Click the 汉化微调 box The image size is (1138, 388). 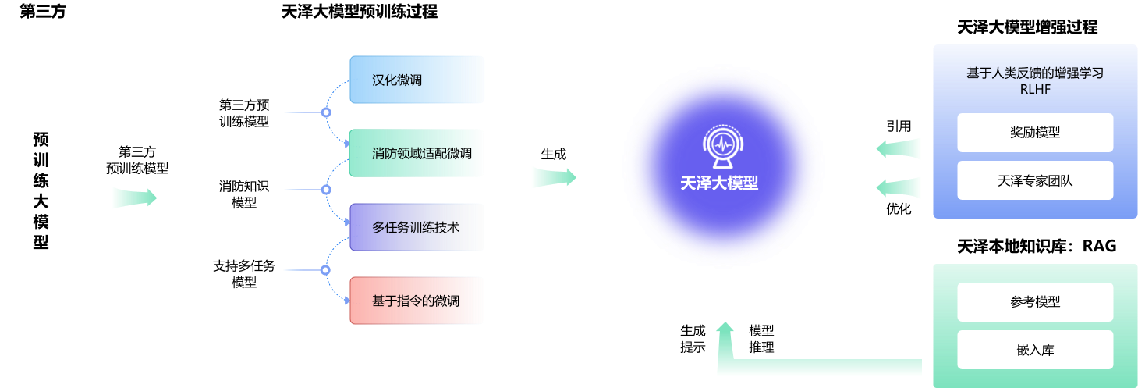[417, 80]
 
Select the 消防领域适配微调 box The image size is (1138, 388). [417, 153]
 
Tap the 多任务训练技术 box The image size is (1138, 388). [417, 227]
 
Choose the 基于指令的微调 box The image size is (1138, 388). [417, 301]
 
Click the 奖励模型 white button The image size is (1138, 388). [1035, 133]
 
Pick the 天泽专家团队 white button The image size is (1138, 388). [1035, 180]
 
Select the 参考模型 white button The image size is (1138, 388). [1035, 302]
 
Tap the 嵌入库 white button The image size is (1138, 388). [1035, 350]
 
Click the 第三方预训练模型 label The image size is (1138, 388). [244, 112]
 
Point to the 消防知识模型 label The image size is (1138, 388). [244, 194]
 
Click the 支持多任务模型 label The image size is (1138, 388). [244, 273]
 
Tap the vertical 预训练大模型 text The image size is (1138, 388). [41, 190]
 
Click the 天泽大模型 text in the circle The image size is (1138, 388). [718, 183]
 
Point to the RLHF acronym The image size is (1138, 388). [1034, 89]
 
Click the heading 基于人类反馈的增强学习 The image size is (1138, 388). [1034, 73]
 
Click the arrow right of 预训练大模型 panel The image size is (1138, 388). [134, 198]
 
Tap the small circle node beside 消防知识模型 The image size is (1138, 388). [326, 190]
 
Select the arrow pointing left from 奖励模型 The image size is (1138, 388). [899, 148]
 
